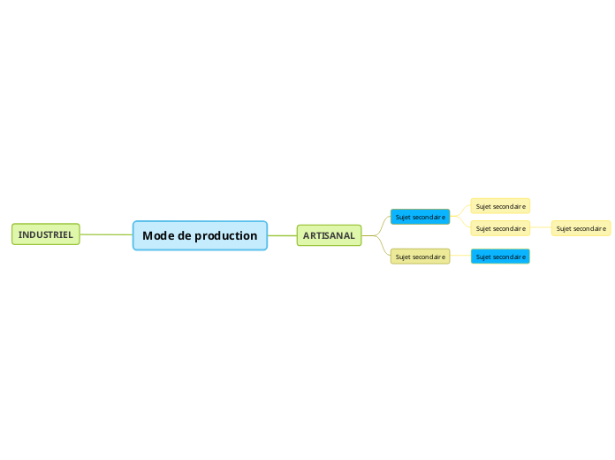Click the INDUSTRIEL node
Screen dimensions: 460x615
[x=46, y=234]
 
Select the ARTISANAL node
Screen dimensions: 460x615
[x=329, y=235]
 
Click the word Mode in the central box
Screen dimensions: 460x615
[x=159, y=235]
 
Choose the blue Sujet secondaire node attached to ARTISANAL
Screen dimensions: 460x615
[x=421, y=217]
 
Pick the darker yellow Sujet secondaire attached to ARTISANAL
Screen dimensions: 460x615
[x=421, y=257]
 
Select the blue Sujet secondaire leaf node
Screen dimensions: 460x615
[x=500, y=257]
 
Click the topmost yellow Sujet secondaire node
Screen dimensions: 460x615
[x=500, y=206]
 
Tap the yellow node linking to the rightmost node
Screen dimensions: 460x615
[x=500, y=228]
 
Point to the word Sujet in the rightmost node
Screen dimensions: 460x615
[x=564, y=228]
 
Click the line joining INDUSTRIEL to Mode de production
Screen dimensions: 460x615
[x=106, y=234]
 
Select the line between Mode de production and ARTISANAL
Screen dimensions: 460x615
[x=282, y=235]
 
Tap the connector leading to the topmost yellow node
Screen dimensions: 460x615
[x=461, y=211]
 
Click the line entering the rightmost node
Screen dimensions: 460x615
[x=541, y=228]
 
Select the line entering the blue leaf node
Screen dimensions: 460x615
[x=460, y=257]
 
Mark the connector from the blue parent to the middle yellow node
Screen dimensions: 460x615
[x=461, y=224]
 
